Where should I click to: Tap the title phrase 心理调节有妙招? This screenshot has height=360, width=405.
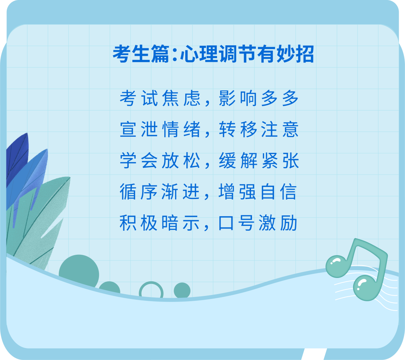(247, 55)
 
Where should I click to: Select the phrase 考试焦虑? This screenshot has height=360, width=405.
(160, 99)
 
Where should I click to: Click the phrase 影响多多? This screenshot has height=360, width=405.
(259, 99)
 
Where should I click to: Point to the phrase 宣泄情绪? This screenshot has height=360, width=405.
(160, 130)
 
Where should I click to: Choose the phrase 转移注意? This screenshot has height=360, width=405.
(259, 130)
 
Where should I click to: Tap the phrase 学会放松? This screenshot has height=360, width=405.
(160, 161)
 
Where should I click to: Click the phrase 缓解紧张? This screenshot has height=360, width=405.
(259, 161)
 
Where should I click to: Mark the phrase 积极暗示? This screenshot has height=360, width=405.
(160, 224)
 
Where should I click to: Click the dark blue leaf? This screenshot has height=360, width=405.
(17, 157)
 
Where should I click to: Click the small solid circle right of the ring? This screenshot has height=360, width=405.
(182, 290)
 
